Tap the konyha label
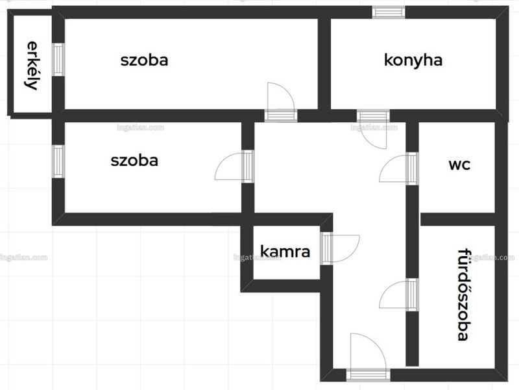[413, 60]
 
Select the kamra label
[285, 252]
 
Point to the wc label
[459, 164]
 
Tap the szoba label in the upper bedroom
[144, 60]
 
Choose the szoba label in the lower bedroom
[134, 161]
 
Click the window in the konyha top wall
[389, 12]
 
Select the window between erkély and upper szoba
[58, 60]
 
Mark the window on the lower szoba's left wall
[58, 161]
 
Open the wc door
[399, 168]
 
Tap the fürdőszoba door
[399, 294]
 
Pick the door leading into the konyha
[373, 129]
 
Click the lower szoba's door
[234, 166]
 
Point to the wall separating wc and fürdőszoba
[458, 219]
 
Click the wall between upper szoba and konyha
[324, 64]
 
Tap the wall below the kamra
[281, 286]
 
